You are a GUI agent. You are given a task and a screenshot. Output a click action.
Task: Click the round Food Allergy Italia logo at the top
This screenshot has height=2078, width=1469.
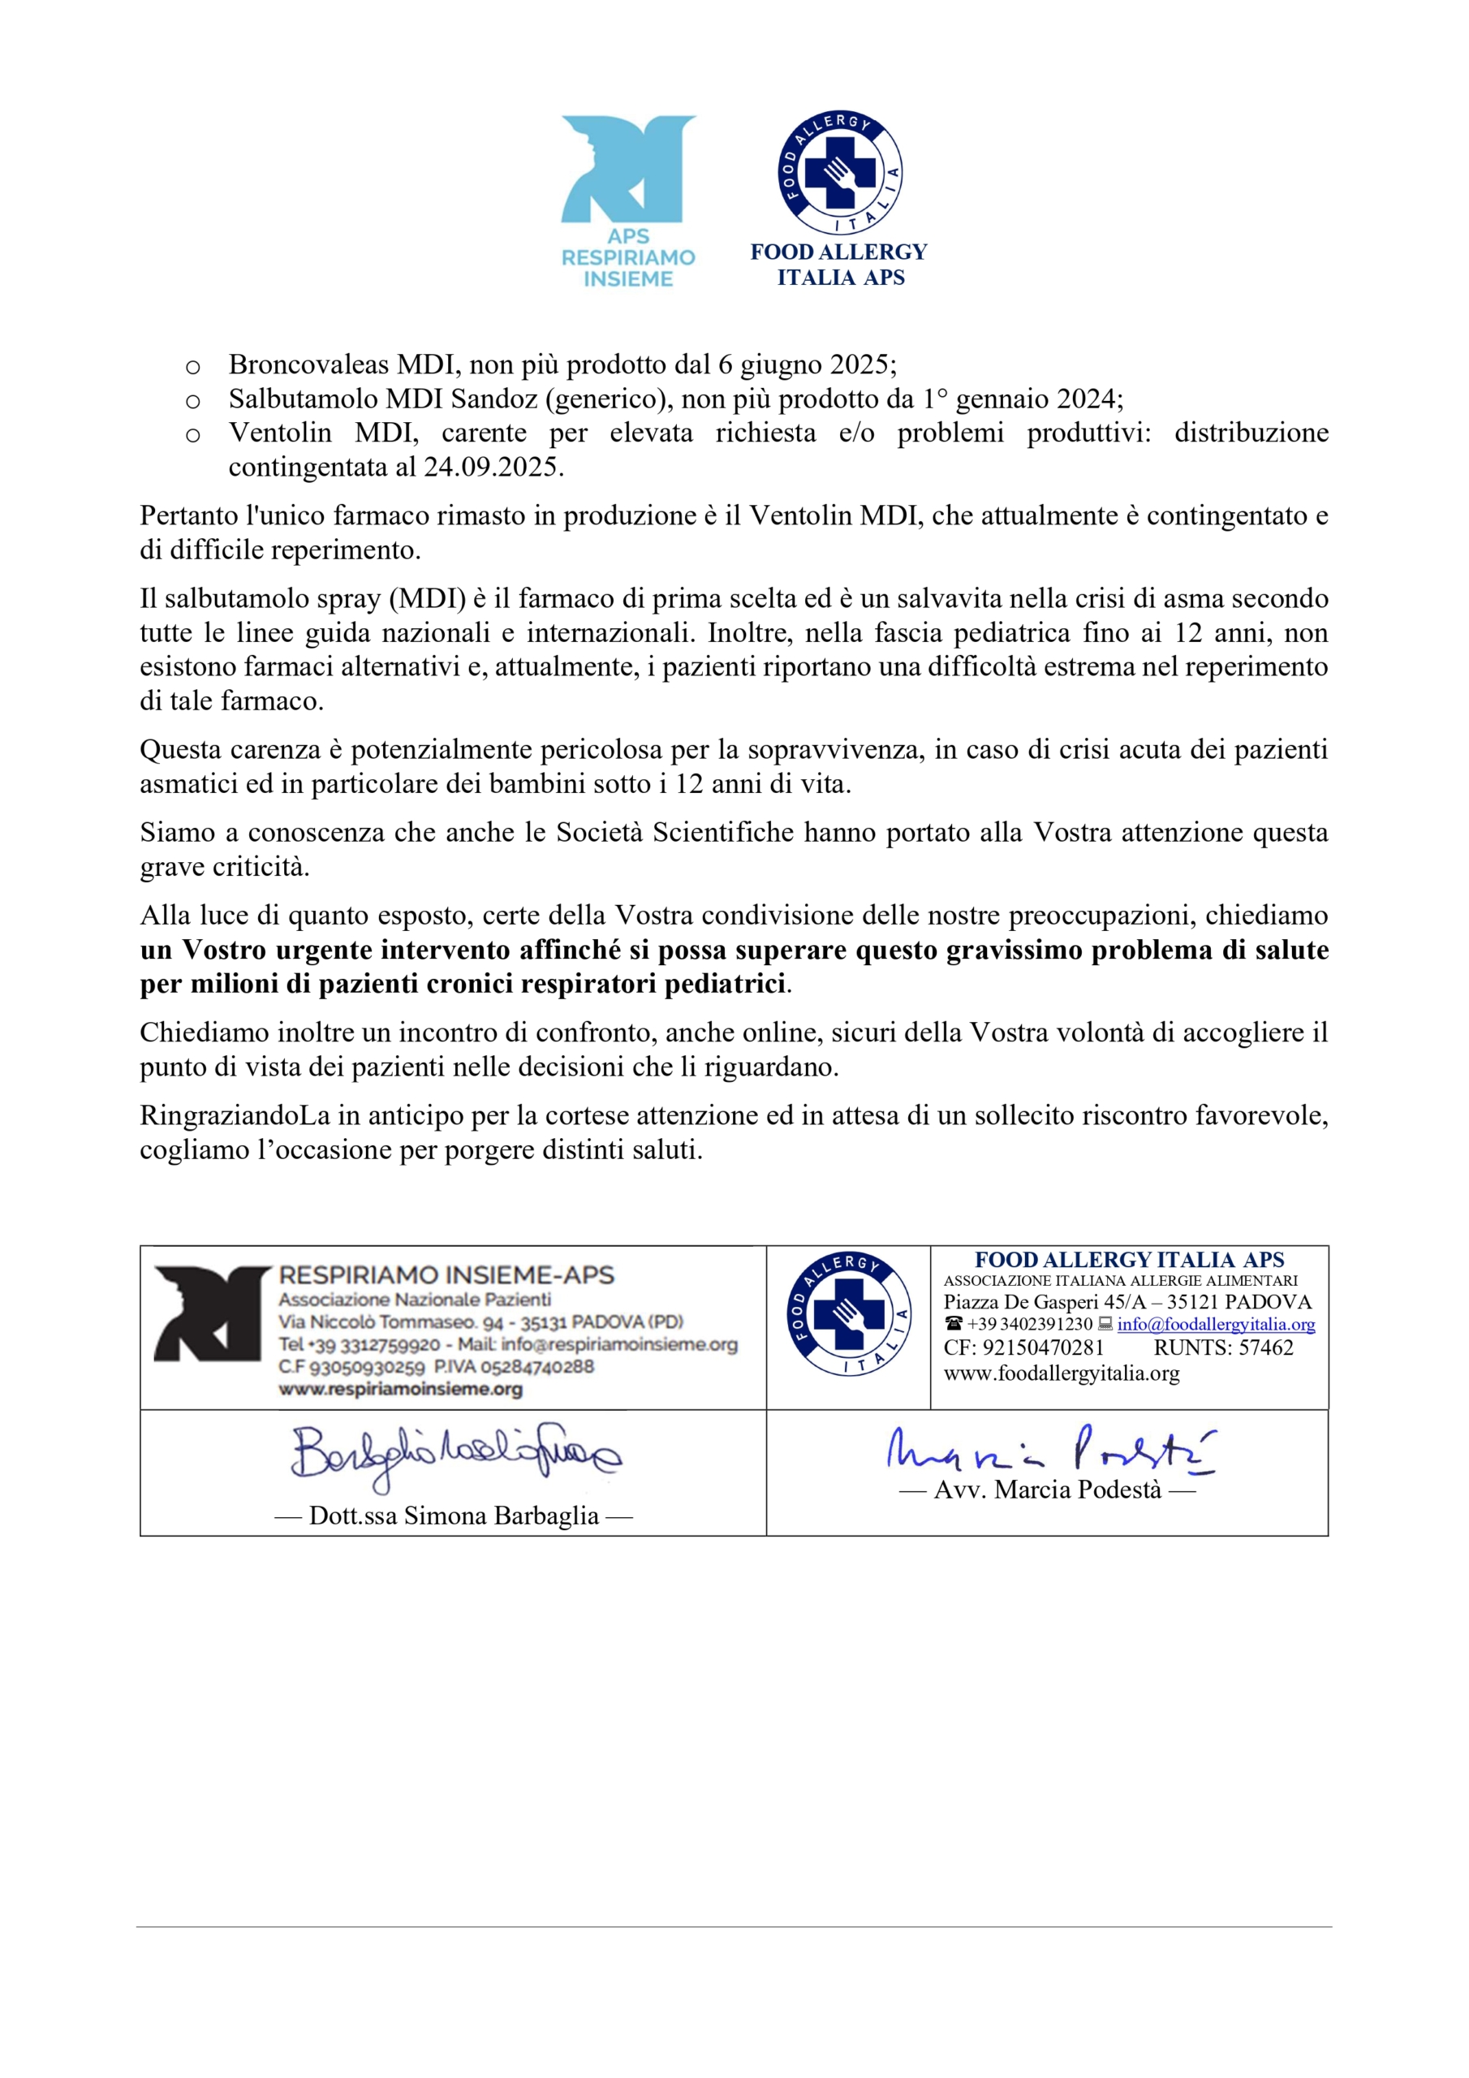point(840,173)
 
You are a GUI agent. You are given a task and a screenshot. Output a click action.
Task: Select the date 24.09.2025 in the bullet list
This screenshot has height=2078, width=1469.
point(493,467)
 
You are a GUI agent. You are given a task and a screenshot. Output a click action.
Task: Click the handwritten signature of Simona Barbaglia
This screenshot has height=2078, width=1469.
point(454,1456)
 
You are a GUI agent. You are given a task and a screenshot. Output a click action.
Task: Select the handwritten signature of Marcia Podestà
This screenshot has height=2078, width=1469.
point(1050,1450)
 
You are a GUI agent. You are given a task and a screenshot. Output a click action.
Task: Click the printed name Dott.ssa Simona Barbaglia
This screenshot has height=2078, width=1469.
point(454,1516)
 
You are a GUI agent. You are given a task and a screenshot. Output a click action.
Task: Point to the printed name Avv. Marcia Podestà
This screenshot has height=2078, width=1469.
point(1047,1490)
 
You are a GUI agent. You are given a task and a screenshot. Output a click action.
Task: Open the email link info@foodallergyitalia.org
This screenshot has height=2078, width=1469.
point(1216,1324)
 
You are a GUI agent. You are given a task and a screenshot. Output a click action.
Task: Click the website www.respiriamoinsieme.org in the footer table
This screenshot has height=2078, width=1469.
point(400,1389)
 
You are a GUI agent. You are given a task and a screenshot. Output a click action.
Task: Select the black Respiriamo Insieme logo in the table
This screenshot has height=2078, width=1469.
point(212,1313)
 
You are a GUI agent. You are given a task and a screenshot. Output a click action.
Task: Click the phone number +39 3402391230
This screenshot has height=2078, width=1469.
point(1029,1324)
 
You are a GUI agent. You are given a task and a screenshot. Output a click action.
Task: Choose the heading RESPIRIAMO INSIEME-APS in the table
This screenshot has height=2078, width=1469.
point(446,1275)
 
